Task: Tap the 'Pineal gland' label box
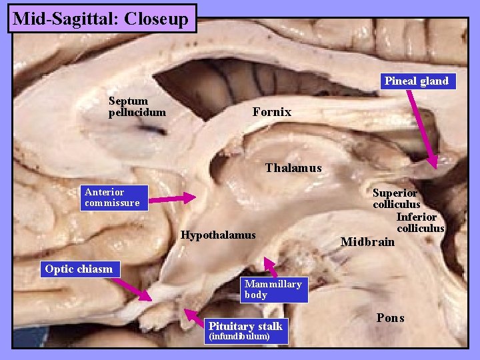(416, 81)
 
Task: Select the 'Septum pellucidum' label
(137, 107)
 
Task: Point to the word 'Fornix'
(271, 112)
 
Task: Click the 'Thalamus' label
(293, 168)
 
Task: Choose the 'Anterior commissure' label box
(112, 197)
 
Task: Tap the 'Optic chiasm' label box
(79, 269)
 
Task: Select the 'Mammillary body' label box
(273, 289)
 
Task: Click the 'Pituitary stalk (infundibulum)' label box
(246, 331)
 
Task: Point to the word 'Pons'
(390, 318)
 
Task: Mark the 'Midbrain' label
(367, 241)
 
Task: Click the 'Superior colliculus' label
(396, 199)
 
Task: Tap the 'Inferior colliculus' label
(419, 223)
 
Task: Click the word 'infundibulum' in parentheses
(239, 337)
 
